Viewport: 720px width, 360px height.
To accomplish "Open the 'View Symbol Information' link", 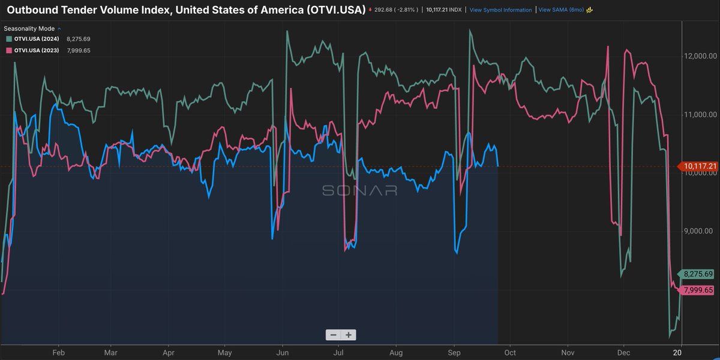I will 500,10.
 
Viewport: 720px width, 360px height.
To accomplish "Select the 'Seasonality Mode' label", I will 29,28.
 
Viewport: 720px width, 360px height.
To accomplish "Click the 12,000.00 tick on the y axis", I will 700,56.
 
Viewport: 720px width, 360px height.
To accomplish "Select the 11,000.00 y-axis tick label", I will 700,114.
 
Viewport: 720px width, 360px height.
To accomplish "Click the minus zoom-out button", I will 333,335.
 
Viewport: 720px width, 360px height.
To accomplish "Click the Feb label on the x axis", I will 59,352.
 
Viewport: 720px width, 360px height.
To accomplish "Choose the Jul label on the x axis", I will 338,352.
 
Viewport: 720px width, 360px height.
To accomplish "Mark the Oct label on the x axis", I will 510,352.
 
